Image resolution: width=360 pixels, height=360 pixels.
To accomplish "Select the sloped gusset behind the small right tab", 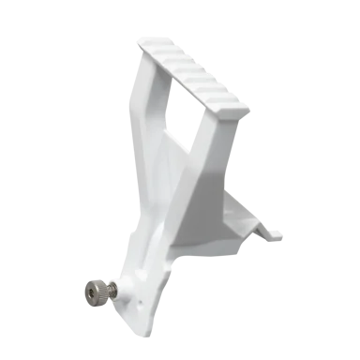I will click(246, 211).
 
